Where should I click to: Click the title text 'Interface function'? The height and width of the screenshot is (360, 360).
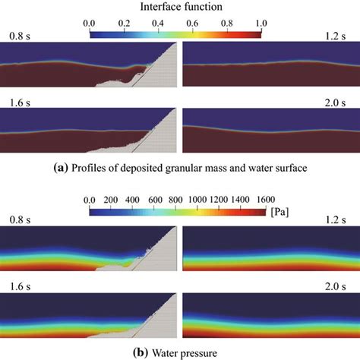[180, 7]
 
